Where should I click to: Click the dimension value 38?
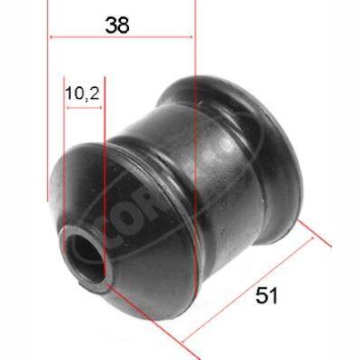click(117, 25)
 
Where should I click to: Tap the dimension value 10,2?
click(82, 92)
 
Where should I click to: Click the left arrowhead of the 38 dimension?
click(52, 37)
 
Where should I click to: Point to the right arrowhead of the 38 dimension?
click(190, 37)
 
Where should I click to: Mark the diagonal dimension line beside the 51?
click(251, 287)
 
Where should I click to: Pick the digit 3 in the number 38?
click(110, 25)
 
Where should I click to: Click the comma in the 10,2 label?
click(85, 96)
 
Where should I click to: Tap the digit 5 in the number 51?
click(262, 295)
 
